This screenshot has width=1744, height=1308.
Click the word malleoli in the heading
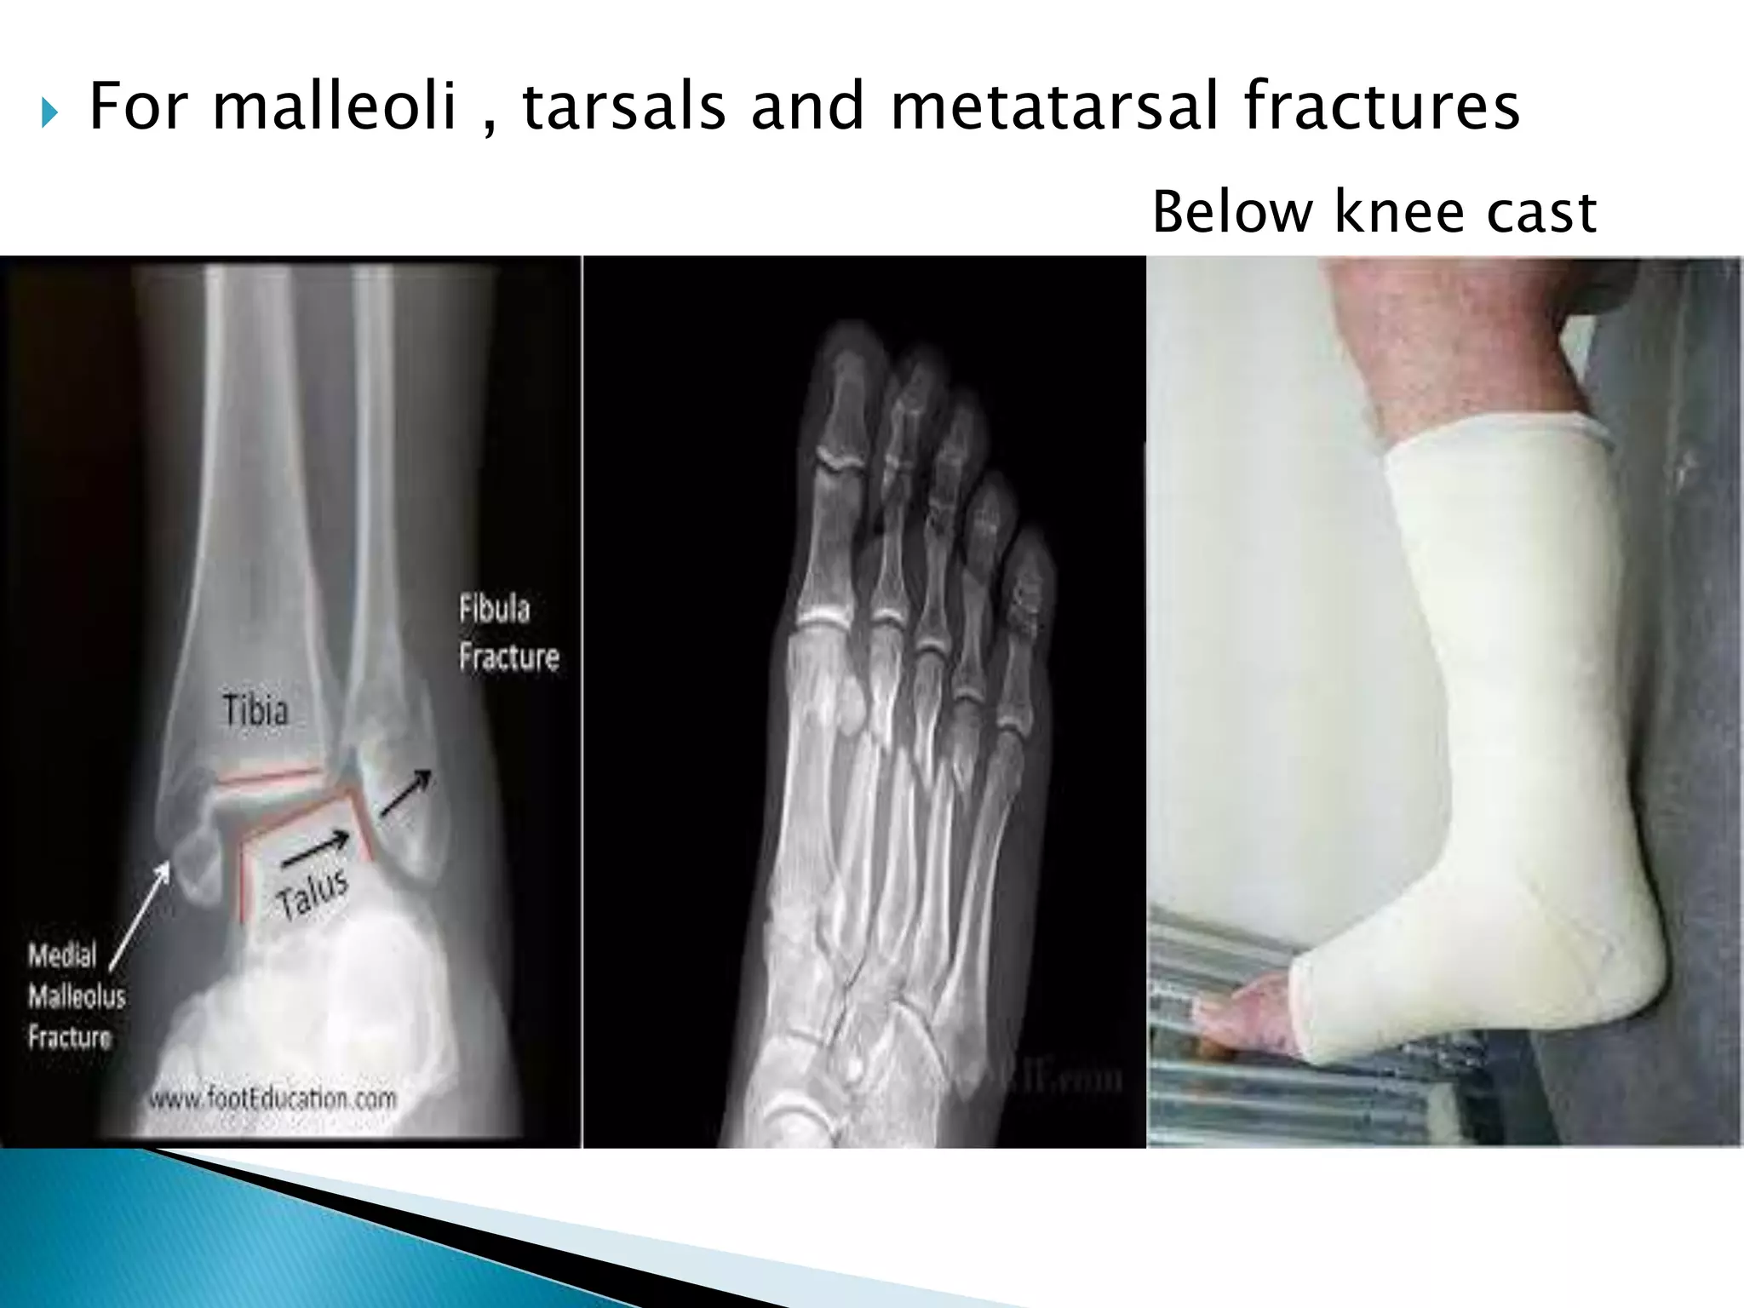coord(335,106)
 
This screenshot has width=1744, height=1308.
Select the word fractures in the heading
coord(1381,106)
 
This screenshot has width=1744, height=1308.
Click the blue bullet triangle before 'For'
coord(49,112)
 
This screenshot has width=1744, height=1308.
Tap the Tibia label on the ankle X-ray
coord(255,710)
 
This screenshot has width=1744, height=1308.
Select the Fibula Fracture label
coord(508,633)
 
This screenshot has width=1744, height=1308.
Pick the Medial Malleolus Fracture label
coord(75,995)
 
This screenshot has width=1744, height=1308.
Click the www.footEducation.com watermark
coord(272,1098)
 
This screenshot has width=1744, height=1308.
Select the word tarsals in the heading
coord(623,106)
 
